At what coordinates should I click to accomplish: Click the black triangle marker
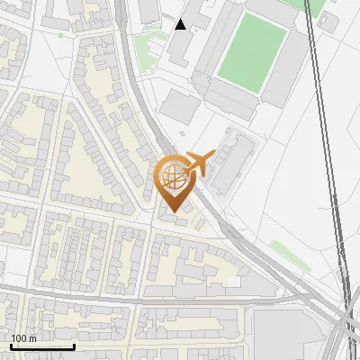point(181,24)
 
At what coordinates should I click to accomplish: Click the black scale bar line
point(42,346)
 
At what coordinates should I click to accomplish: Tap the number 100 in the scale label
point(19,338)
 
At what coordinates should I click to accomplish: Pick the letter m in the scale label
point(32,338)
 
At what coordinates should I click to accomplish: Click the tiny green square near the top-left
point(61,35)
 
